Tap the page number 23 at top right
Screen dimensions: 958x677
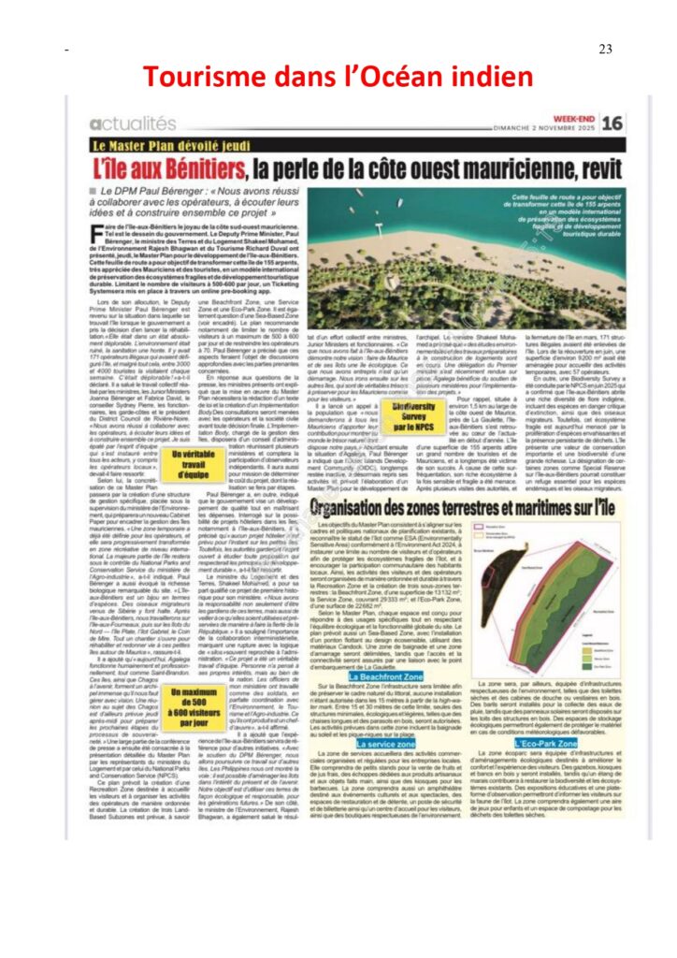coord(604,49)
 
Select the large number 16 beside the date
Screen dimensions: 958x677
coord(612,123)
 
